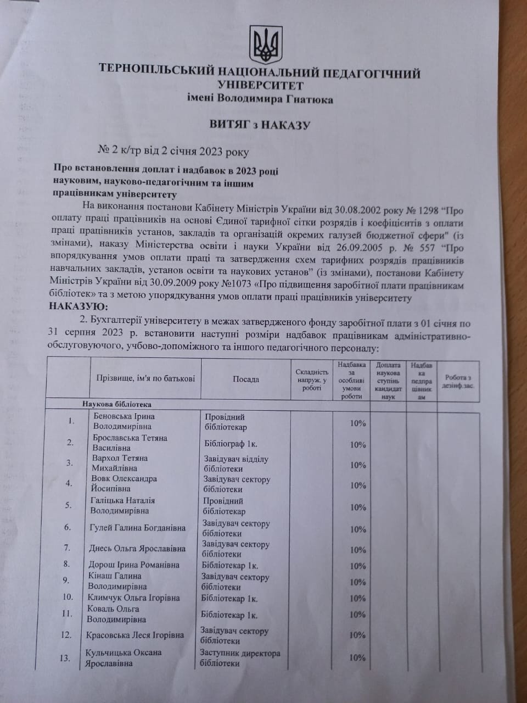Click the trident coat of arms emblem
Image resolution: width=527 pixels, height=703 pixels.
coord(266,44)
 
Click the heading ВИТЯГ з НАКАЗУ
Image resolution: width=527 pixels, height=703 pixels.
coord(260,125)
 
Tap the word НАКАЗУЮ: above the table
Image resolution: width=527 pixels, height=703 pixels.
coord(79,306)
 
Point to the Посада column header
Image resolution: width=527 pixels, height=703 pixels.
coord(245,379)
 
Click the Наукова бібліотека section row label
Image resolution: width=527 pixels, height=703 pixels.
coord(117,404)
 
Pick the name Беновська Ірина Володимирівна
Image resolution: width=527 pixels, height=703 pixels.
coord(124,421)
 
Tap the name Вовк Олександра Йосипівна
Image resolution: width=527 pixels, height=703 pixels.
coord(124,483)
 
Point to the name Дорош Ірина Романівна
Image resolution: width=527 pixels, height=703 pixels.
coord(134,565)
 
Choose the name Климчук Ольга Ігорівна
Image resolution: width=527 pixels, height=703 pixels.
coord(133,598)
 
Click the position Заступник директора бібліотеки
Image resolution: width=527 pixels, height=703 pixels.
coord(240,658)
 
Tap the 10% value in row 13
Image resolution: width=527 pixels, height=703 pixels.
coord(357,657)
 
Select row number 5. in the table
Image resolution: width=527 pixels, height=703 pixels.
coord(69,505)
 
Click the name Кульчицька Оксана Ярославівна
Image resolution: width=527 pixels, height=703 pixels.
coord(123,658)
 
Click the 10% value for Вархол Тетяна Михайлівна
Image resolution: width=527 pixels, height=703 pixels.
coord(358,465)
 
